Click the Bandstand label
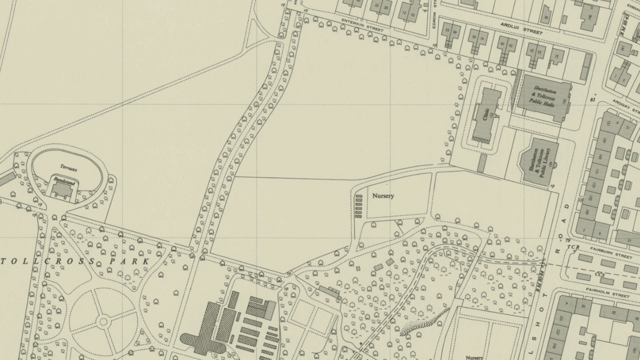(x=64, y=181)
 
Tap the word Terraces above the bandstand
(x=68, y=168)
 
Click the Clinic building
(x=486, y=116)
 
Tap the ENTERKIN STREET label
(x=363, y=25)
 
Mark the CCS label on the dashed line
(x=599, y=275)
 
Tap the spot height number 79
(x=568, y=240)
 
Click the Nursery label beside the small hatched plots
(x=383, y=196)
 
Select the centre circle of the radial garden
(x=104, y=321)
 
